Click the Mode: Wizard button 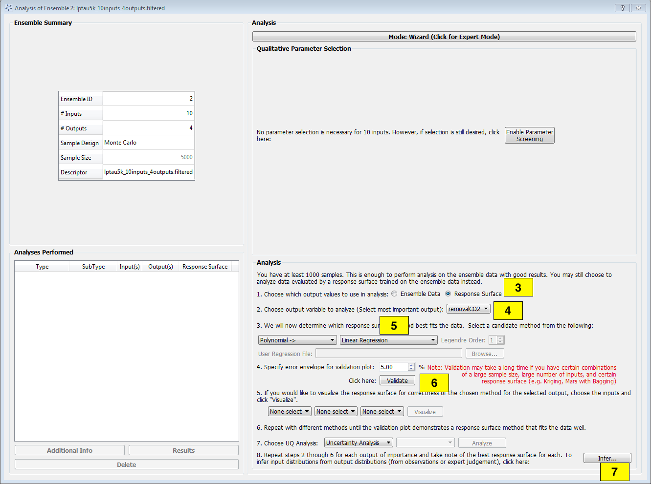(444, 37)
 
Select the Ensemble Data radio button (394, 294)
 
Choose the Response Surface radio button (448, 294)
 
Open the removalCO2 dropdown (468, 309)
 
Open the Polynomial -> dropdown (297, 340)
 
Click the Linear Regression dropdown (388, 340)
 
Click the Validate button (397, 381)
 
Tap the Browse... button (484, 354)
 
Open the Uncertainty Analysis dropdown (359, 443)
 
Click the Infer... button (607, 458)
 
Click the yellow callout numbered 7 (614, 472)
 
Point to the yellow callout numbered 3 (518, 288)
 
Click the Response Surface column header (205, 267)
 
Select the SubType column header (93, 267)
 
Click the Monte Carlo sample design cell (148, 143)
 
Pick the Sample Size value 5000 (148, 157)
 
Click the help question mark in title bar (622, 8)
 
